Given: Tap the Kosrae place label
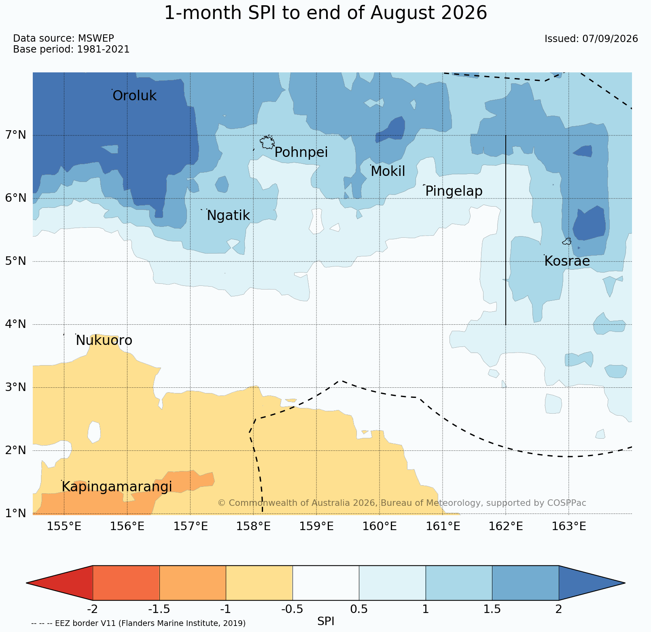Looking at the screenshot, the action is [x=567, y=261].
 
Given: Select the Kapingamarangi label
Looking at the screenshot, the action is [x=117, y=487].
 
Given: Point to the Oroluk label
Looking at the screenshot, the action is [x=134, y=96].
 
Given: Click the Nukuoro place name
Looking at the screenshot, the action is [x=104, y=340].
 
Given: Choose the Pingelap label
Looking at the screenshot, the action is [x=454, y=191].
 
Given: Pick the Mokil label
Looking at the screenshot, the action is [x=388, y=171].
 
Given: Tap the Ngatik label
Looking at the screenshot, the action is [x=228, y=216].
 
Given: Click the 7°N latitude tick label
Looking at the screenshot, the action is [x=16, y=135].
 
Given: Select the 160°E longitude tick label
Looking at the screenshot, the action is [x=380, y=526].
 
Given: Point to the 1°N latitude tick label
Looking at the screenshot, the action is [x=16, y=513].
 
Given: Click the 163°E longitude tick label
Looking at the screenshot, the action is [x=569, y=526].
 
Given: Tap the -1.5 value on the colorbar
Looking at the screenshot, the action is [x=159, y=609].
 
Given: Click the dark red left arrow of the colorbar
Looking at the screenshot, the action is [x=59, y=583].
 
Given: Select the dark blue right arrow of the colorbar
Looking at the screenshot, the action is [x=592, y=583].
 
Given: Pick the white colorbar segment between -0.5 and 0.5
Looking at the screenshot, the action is [x=326, y=583].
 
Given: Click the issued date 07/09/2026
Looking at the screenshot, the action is [x=610, y=39].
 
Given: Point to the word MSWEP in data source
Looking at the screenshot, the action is [x=96, y=38].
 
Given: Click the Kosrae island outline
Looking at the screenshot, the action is [x=567, y=241].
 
